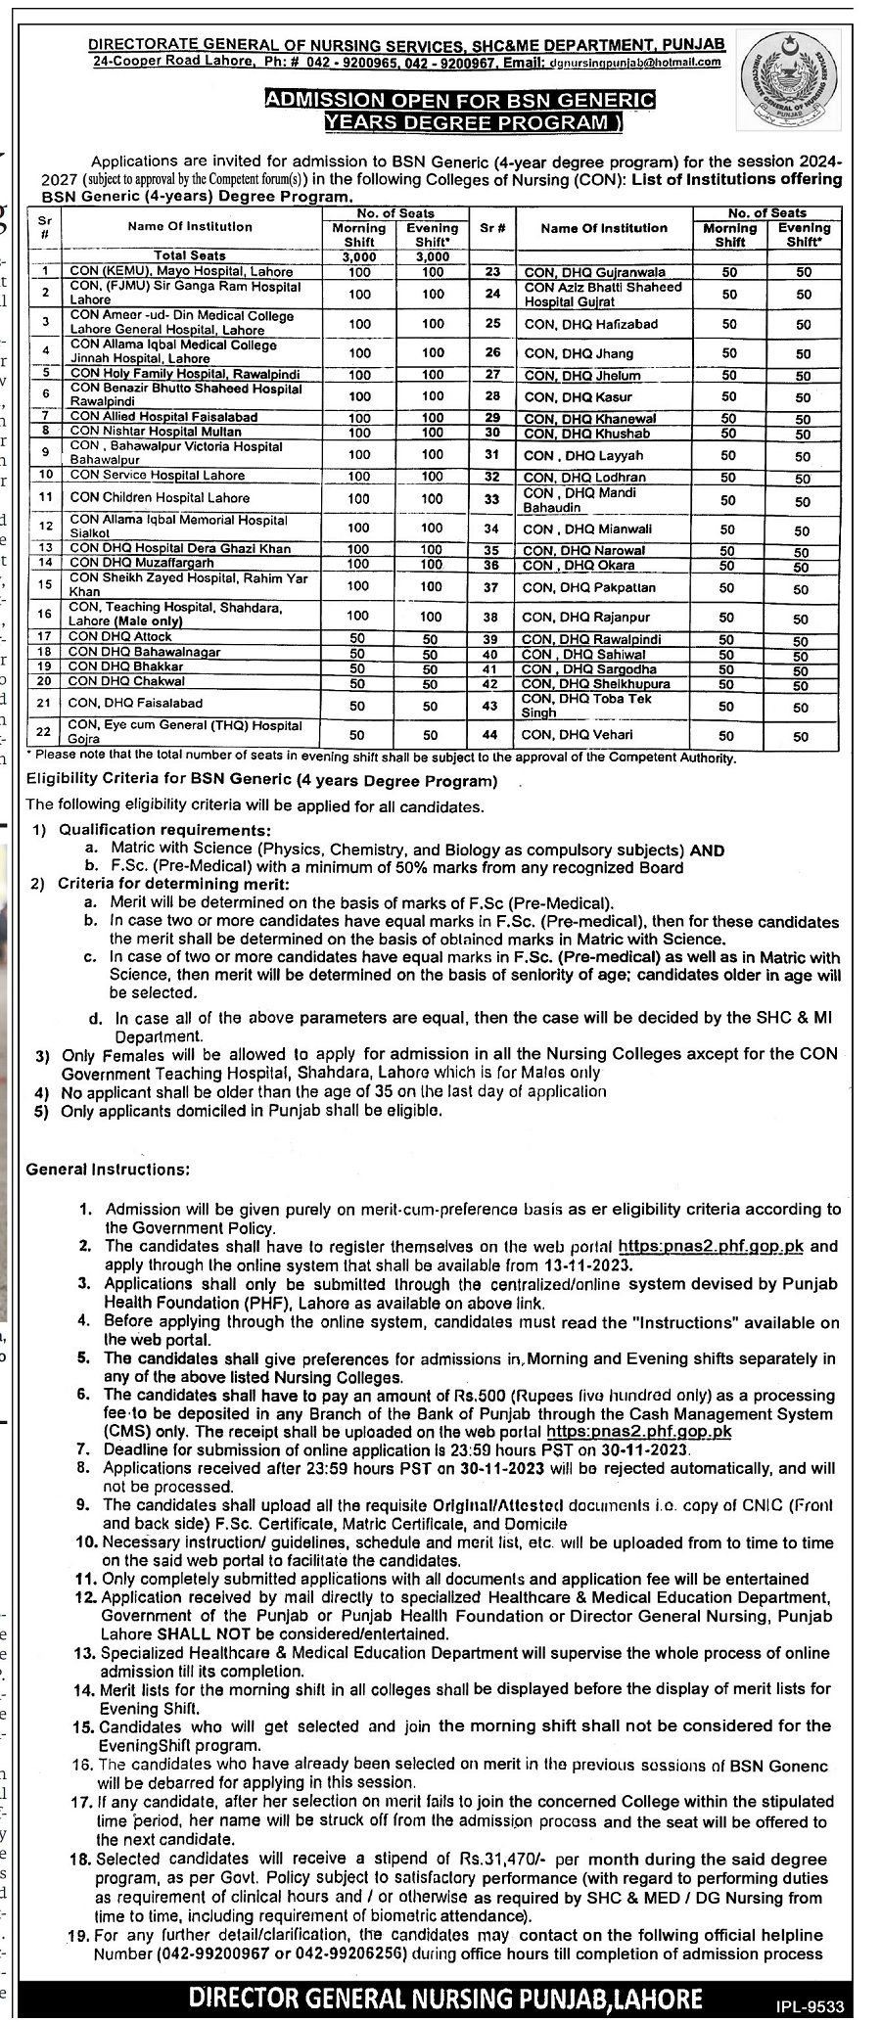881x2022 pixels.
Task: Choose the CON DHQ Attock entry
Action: click(x=120, y=638)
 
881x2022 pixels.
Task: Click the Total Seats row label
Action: click(x=189, y=254)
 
